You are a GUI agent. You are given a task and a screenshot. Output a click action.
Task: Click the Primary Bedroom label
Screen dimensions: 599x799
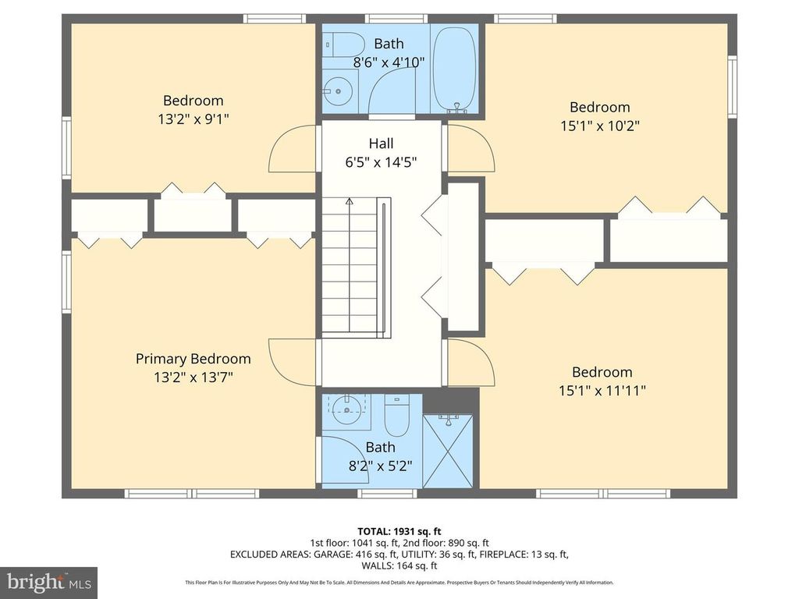pos(193,359)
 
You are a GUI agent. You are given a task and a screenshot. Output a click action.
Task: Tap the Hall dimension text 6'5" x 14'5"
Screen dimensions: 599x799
pos(382,163)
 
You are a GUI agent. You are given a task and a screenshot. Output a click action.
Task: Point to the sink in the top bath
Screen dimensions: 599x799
pos(337,92)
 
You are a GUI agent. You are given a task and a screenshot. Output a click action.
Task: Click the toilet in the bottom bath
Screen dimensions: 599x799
pos(397,417)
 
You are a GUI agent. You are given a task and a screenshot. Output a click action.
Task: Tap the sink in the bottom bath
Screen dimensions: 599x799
pos(346,411)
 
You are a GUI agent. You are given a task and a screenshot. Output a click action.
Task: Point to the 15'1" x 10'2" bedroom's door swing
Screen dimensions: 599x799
pos(471,149)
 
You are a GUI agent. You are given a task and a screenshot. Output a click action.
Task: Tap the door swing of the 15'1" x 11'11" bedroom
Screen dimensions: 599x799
pos(471,363)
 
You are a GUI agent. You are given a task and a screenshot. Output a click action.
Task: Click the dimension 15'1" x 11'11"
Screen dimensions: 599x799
pos(602,391)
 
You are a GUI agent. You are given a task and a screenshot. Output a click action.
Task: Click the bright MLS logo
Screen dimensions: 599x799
pos(48,582)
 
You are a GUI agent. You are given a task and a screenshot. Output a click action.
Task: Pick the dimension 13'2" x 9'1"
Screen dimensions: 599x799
pos(193,119)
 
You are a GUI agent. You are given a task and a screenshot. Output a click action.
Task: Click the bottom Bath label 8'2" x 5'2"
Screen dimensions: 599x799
pos(380,466)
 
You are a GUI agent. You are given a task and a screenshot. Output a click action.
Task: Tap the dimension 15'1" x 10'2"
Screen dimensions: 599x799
pos(599,126)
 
